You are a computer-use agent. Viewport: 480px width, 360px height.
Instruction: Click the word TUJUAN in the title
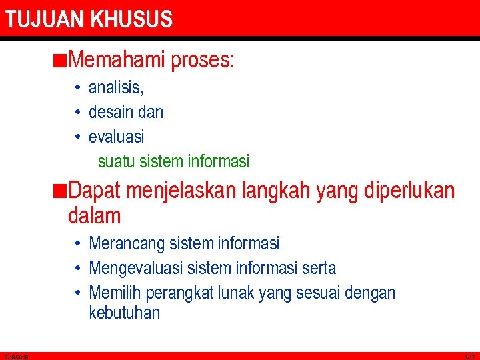45,19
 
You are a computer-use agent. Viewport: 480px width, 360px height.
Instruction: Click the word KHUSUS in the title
131,19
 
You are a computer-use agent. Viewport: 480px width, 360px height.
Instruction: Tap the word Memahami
116,61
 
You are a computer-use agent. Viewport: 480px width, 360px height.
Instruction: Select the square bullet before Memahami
61,61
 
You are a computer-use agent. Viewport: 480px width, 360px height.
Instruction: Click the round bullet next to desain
78,112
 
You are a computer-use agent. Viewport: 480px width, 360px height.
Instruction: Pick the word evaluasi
116,137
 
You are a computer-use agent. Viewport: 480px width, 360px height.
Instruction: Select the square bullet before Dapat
61,191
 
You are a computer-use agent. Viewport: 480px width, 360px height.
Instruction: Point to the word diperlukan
410,191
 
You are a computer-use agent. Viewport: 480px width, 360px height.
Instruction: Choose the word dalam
95,215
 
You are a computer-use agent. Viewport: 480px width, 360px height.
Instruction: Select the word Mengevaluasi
136,269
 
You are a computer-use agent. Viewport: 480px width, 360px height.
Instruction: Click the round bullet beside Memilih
78,293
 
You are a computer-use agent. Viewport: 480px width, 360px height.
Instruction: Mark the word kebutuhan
125,313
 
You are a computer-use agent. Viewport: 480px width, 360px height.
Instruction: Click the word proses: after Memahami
203,61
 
